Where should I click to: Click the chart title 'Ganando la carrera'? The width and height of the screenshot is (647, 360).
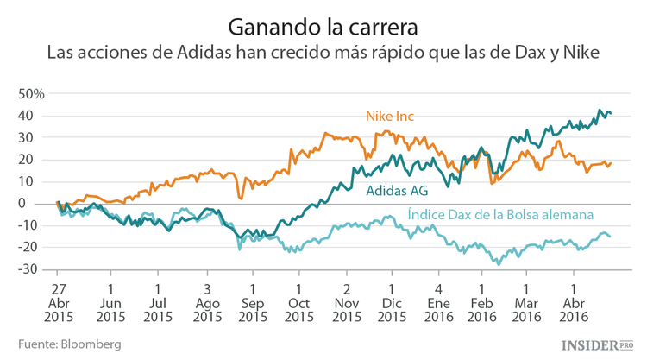pyautogui.click(x=323, y=20)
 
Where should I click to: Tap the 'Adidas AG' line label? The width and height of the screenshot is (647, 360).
pyautogui.click(x=398, y=191)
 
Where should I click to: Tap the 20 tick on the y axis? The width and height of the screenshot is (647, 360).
pyautogui.click(x=35, y=159)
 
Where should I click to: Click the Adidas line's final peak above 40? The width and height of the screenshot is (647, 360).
pyautogui.click(x=600, y=111)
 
